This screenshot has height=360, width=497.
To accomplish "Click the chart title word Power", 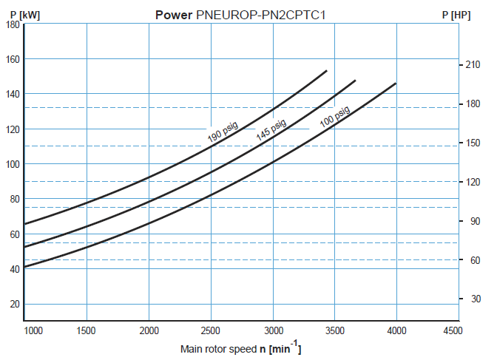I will click(x=174, y=14).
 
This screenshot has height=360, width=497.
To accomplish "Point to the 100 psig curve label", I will click(x=335, y=118).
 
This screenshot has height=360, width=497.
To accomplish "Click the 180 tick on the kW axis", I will click(x=13, y=24).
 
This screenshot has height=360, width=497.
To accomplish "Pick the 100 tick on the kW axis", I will click(x=13, y=164).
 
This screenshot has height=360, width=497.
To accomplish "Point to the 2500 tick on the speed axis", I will click(x=212, y=330).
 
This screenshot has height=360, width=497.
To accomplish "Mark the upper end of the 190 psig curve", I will click(x=326, y=71).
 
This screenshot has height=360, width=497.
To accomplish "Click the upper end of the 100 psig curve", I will click(x=396, y=84).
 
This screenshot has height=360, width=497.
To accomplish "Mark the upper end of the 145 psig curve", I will click(x=355, y=81).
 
